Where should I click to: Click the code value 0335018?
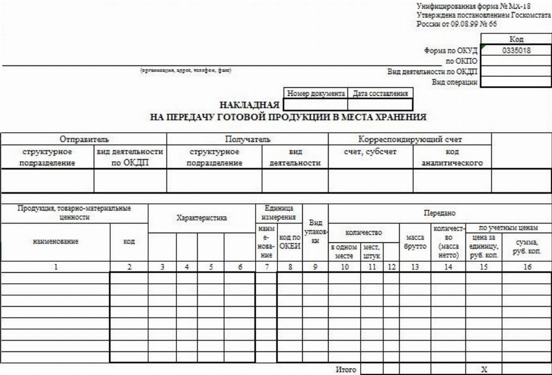coord(515,50)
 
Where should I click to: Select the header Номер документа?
coord(315,93)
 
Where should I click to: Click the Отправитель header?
coord(84,140)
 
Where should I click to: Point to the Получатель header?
coord(247,140)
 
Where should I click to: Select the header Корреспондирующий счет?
coord(409,140)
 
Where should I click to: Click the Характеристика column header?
coord(201,218)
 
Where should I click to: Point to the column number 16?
coord(526,266)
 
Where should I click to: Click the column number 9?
coord(314,266)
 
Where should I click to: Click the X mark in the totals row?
coord(484,370)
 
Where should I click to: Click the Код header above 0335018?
coord(515,39)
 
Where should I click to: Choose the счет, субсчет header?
coord(370,152)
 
